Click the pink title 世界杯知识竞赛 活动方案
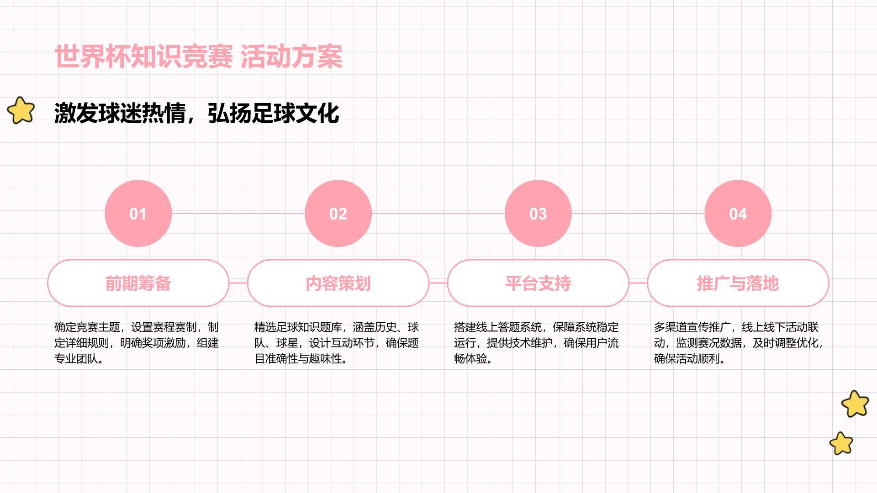pos(199,57)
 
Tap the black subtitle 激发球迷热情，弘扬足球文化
pos(197,113)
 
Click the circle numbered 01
pos(138,213)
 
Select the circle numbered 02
pos(338,213)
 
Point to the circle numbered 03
pos(538,213)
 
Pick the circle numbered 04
pos(738,213)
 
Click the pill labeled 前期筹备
pos(138,283)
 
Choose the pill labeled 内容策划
pos(338,283)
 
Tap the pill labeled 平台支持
pos(538,283)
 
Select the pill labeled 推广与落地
pos(738,283)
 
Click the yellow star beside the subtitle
pos(21,110)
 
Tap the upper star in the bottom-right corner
pos(855,404)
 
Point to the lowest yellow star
pos(841,443)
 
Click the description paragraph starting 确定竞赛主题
pos(137,343)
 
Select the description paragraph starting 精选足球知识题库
pos(337,343)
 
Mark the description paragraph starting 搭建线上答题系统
pos(536,343)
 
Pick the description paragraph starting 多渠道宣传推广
pos(739,343)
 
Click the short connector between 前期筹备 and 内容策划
pos(238,283)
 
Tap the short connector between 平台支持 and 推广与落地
pos(638,283)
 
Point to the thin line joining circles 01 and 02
pos(238,213)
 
